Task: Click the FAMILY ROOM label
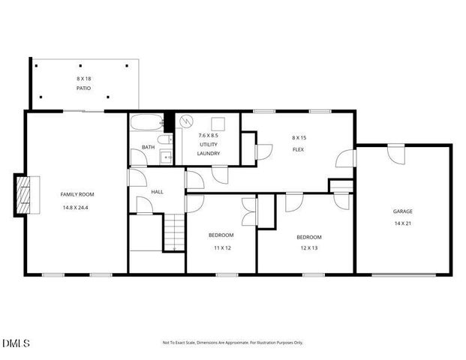click(77, 194)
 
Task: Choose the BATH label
click(148, 147)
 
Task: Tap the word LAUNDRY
click(209, 153)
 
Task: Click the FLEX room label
click(298, 148)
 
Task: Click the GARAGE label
click(403, 211)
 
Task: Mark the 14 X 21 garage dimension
click(403, 223)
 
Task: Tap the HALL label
click(157, 192)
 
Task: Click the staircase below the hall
click(174, 232)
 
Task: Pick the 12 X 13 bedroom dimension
click(309, 247)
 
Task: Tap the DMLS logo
click(16, 343)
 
